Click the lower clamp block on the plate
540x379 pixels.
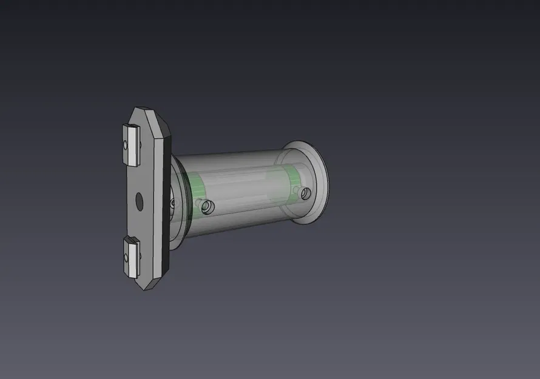(x=131, y=257)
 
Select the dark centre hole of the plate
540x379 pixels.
(x=139, y=200)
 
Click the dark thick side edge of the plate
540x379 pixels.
(x=164, y=200)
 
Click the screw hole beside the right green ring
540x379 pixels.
(x=306, y=193)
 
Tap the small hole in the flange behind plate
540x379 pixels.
(x=172, y=200)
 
